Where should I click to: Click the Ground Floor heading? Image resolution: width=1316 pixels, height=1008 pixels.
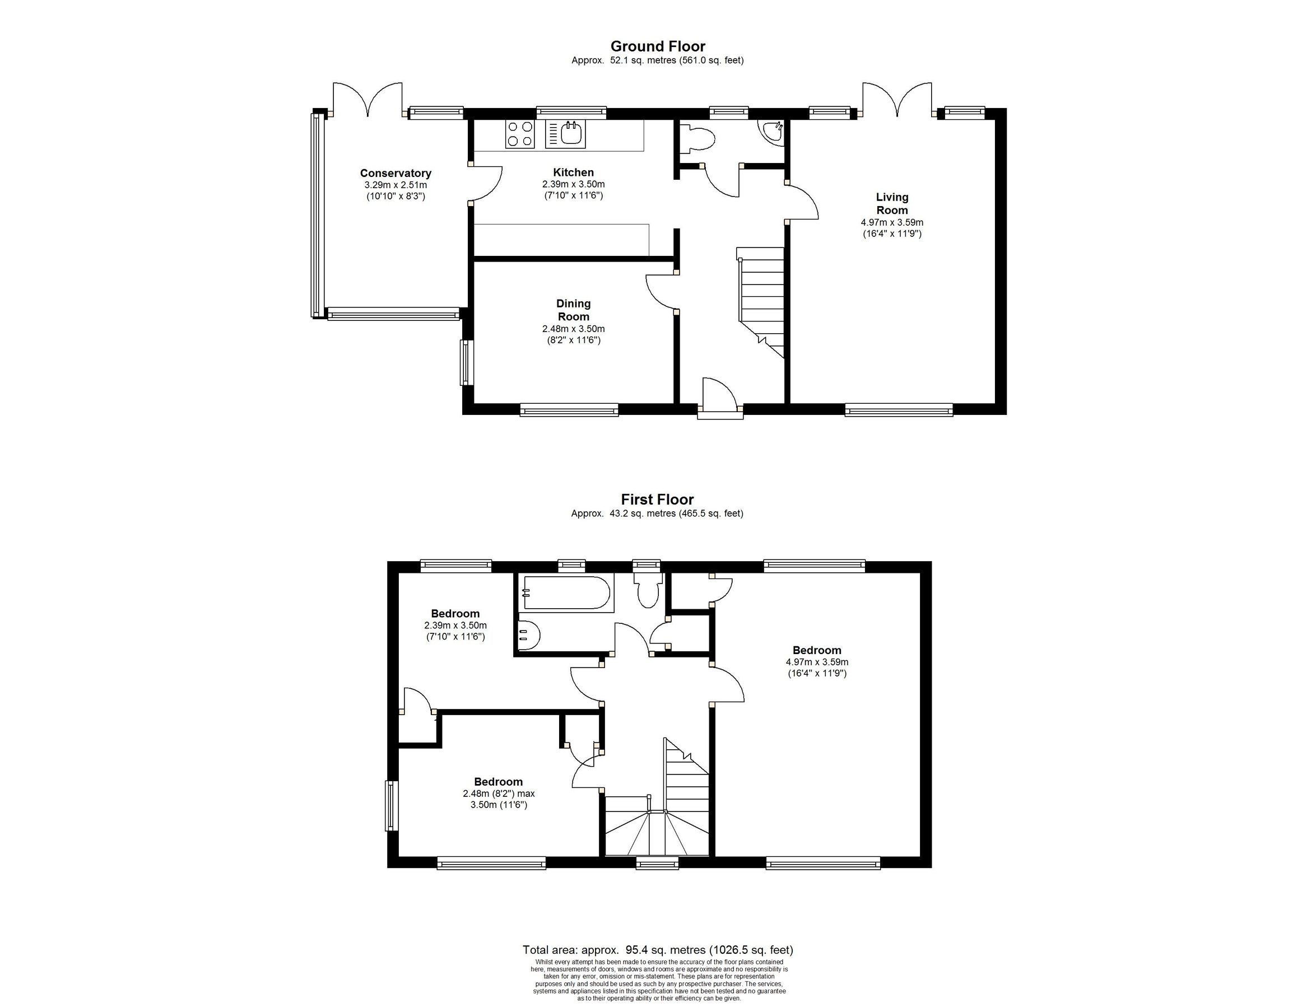click(658, 46)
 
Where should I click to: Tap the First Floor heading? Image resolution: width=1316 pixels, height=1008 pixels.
click(657, 499)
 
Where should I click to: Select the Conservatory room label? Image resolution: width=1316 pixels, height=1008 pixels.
click(396, 174)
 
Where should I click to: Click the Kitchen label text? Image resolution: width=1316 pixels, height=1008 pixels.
click(573, 172)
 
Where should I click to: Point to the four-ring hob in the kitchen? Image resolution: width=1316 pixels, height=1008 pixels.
click(520, 134)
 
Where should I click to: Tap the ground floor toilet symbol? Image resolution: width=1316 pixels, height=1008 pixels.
click(700, 139)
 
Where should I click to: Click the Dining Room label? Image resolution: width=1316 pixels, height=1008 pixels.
click(573, 310)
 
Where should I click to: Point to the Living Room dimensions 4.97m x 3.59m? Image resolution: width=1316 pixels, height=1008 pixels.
click(892, 222)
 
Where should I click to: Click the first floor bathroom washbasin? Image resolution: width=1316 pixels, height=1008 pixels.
click(529, 635)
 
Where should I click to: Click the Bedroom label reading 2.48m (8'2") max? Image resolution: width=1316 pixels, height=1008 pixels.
click(498, 792)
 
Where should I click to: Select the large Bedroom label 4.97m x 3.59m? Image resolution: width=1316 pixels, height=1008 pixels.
click(817, 662)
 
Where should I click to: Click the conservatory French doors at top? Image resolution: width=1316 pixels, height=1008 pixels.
click(368, 99)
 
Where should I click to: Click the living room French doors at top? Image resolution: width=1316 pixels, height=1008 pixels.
click(898, 99)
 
